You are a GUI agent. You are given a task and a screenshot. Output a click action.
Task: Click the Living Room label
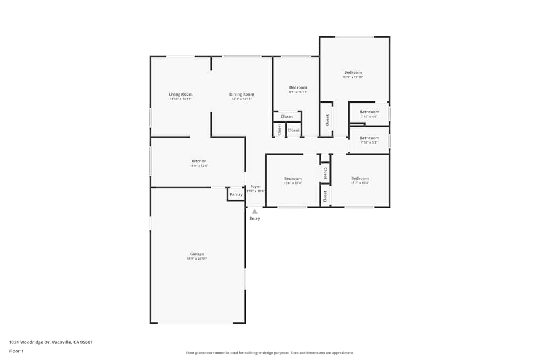[180, 94]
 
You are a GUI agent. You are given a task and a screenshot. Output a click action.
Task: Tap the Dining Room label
[242, 94]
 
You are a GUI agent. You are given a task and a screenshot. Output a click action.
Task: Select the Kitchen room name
[199, 161]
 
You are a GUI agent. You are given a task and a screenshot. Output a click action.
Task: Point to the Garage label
[197, 254]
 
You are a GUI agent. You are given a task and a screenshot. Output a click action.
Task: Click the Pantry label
[236, 195]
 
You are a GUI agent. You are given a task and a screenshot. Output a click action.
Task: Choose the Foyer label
[255, 187]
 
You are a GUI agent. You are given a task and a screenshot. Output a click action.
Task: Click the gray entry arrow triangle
[255, 212]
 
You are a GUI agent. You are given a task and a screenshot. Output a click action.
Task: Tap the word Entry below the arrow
[255, 219]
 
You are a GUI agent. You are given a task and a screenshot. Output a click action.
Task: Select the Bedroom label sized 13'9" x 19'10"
[353, 73]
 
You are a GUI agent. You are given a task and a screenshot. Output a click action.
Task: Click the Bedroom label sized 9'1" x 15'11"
[298, 88]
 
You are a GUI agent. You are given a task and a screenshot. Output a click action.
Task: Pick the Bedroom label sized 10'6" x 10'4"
[293, 179]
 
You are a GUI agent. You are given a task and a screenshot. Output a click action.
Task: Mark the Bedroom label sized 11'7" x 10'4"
[360, 179]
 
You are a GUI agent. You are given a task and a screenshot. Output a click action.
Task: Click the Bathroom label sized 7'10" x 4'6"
[369, 112]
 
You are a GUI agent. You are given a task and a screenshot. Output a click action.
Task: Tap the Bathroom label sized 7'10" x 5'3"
[369, 138]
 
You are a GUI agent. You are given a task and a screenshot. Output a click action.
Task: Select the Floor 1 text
[16, 351]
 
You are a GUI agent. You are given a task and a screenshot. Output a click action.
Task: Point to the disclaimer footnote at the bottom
[270, 353]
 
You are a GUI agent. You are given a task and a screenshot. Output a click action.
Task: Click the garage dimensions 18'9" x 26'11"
[197, 259]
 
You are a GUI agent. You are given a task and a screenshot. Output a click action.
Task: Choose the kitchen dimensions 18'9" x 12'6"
[199, 166]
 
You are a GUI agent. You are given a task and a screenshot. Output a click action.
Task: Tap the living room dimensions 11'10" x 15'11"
[180, 99]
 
